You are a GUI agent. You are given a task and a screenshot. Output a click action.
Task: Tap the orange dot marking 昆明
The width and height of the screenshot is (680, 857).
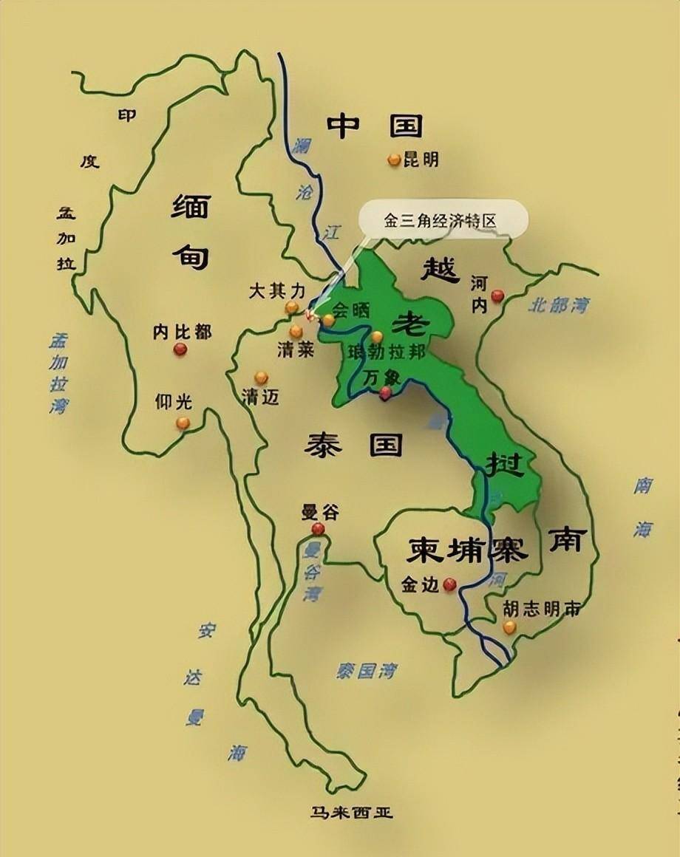pos(394,159)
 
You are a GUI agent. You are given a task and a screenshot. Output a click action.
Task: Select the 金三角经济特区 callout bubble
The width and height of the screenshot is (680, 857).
pos(443,220)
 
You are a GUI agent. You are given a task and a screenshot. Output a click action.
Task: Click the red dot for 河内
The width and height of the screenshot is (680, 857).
pos(497,296)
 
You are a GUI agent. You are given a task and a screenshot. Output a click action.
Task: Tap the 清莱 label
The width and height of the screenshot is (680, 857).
pos(296,350)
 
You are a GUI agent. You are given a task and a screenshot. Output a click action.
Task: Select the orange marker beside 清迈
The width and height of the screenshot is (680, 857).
pos(261,378)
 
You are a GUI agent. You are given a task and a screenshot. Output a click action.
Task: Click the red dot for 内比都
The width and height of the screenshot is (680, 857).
pos(180,349)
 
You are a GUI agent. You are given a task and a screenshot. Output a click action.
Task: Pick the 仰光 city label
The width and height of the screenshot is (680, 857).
pos(173,402)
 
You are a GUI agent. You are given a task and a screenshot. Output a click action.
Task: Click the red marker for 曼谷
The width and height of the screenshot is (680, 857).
pos(318,529)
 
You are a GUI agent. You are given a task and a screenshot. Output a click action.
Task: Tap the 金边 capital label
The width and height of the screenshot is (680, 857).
pos(419,585)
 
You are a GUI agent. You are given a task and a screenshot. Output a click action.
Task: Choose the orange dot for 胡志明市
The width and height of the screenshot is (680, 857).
pos(509,627)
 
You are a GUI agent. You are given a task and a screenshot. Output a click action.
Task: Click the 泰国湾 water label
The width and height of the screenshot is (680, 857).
pos(367,671)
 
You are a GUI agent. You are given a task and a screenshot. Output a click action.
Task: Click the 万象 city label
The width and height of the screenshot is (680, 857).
pos(381,377)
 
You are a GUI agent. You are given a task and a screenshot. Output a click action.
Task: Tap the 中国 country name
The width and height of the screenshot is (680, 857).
pos(375,126)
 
